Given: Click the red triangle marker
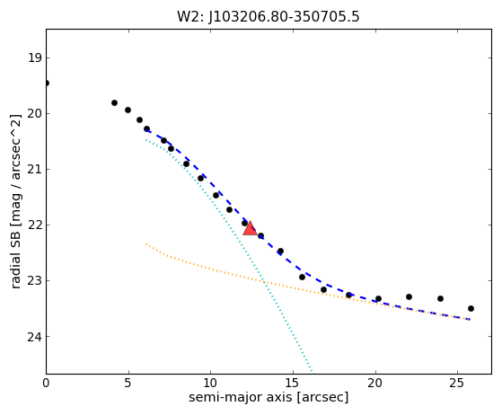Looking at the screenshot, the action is tap(250, 229).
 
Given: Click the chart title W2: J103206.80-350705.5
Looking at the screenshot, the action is tap(269, 17).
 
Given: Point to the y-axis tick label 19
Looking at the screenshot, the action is tap(35, 58).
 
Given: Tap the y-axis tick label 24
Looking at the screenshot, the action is tap(35, 337).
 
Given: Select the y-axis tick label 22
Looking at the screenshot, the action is tap(35, 225).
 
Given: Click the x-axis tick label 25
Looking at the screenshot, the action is tap(457, 383).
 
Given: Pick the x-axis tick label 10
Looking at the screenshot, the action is tap(210, 383).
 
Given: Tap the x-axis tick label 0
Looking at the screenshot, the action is tap(46, 383).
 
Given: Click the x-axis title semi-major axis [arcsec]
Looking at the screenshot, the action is tap(269, 397).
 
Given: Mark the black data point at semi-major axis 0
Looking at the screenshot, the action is tap(47, 84).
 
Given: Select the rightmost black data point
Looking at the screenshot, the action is tap(471, 309).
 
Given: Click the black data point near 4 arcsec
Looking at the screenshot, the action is tap(114, 102).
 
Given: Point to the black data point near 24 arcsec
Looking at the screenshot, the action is tap(440, 298).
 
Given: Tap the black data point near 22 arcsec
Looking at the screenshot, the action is tap(409, 296).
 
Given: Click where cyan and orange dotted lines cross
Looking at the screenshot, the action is tap(264, 281).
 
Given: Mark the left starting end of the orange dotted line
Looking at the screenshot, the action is tap(146, 244).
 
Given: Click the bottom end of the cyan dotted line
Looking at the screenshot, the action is tap(313, 372).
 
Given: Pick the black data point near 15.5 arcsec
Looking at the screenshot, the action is tap(302, 277).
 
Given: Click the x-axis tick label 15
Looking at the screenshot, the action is tap(293, 383).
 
